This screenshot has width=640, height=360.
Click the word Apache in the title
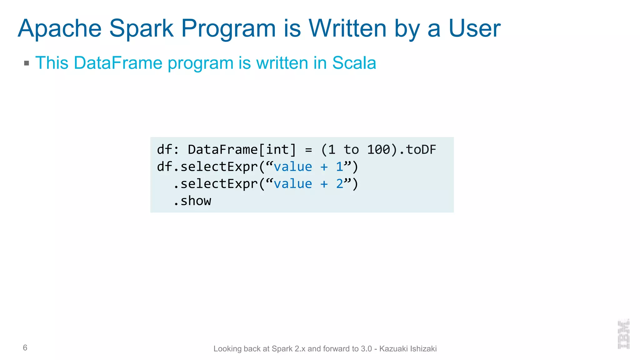coord(60,29)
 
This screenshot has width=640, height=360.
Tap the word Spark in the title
coord(141,29)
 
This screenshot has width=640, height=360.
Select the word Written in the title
coord(348,29)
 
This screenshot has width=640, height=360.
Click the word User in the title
coord(474,29)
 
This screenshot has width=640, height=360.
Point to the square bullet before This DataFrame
coord(27,63)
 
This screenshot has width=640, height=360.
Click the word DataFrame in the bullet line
coord(118,63)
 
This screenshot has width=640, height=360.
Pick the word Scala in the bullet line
coord(354,63)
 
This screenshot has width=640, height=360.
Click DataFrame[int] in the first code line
coord(242,150)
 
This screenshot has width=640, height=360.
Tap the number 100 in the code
coord(378,150)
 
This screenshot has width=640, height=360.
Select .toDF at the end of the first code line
coord(417,150)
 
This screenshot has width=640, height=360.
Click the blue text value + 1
coord(308,167)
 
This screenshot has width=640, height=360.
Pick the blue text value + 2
coord(308,184)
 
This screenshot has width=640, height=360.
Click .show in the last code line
coord(192,201)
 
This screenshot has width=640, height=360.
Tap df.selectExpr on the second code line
coord(207,167)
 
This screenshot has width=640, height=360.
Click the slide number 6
coord(25,347)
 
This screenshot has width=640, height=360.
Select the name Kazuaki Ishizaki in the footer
coord(408,349)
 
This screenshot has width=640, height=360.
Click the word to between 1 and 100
coord(351,150)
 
